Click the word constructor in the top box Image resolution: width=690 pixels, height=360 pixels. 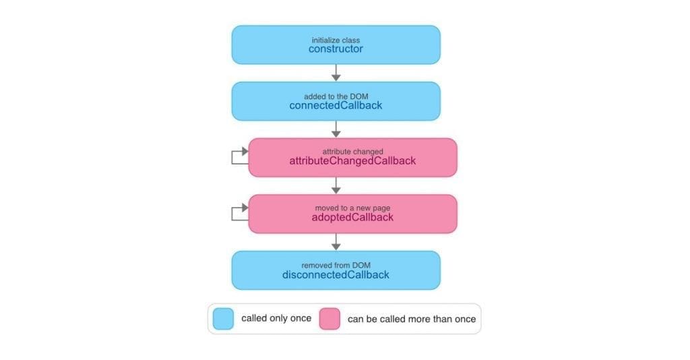(x=336, y=49)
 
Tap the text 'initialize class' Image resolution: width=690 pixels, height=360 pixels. (x=336, y=40)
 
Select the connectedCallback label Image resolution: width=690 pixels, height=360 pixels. (x=336, y=105)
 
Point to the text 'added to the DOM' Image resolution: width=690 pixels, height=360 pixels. (x=336, y=96)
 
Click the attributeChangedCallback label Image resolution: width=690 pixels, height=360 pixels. (x=352, y=160)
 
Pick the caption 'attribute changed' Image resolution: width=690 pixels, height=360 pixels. (x=352, y=152)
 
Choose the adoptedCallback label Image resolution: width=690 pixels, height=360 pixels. (x=352, y=217)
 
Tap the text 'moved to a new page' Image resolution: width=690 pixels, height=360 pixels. (x=352, y=208)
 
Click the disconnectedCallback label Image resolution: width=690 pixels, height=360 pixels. (x=336, y=274)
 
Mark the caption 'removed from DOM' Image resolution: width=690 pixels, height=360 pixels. (x=336, y=266)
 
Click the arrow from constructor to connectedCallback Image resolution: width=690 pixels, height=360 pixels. (x=336, y=73)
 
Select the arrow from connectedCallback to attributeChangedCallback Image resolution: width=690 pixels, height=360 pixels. (x=336, y=129)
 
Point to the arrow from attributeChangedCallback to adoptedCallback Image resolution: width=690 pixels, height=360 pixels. (x=336, y=185)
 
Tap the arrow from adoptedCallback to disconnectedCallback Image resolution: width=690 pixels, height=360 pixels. (x=336, y=241)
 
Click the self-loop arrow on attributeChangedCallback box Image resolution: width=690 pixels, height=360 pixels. (x=232, y=158)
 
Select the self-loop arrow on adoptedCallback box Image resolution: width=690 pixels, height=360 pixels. (x=232, y=214)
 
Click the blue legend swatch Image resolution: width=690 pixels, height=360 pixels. (x=223, y=319)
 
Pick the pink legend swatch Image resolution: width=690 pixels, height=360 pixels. (x=330, y=319)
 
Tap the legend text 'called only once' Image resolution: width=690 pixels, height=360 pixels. (x=276, y=318)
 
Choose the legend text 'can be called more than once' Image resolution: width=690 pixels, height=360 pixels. (x=412, y=319)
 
